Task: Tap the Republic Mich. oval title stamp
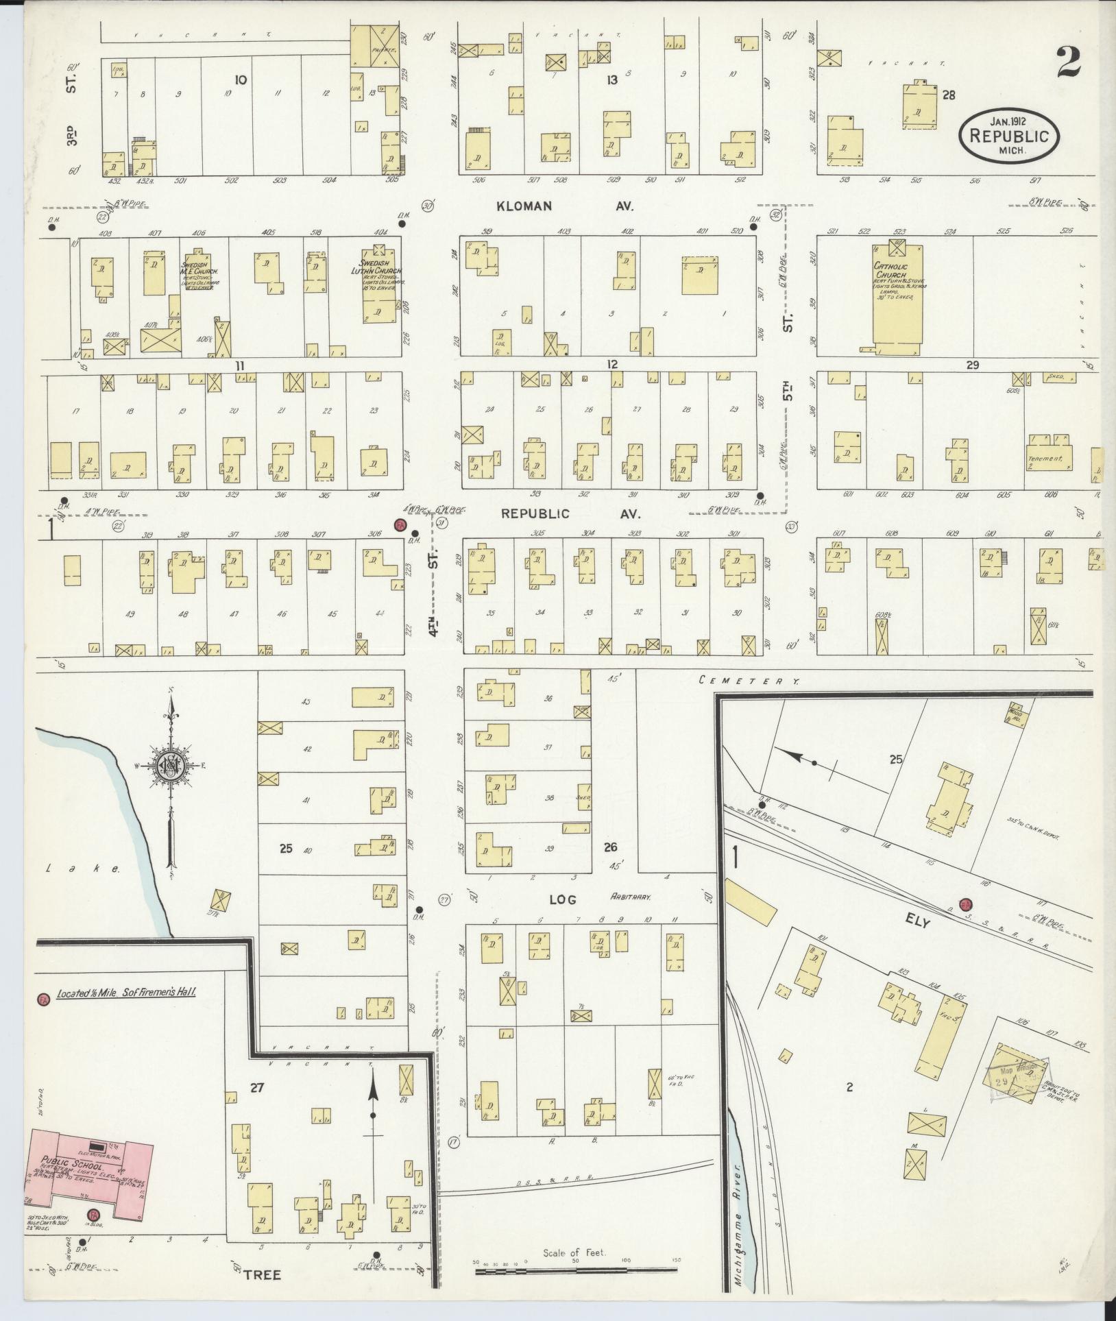(1008, 136)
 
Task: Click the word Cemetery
(749, 681)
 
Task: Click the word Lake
(83, 869)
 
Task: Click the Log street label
(562, 899)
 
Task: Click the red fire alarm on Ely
(966, 904)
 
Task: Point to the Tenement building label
(1044, 459)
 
